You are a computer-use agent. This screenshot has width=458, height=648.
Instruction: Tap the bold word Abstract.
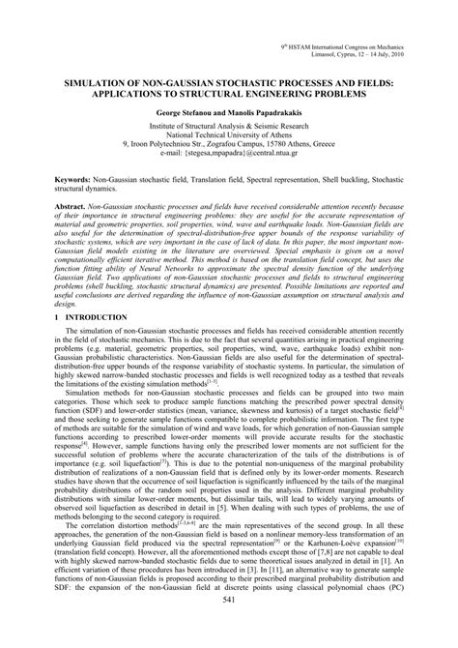tap(77, 234)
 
